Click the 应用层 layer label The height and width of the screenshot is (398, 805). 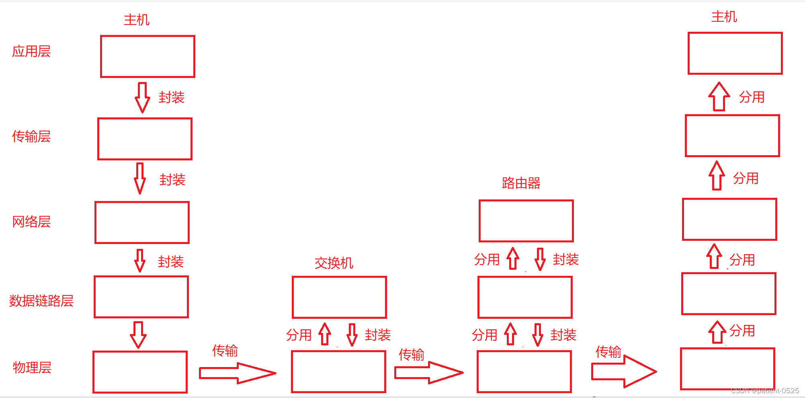pyautogui.click(x=31, y=51)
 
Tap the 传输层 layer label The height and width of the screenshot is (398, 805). pyautogui.click(x=31, y=137)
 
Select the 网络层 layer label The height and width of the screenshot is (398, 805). pyautogui.click(x=31, y=222)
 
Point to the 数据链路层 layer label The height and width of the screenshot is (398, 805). pyautogui.click(x=41, y=301)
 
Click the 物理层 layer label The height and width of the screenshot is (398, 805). pyautogui.click(x=32, y=367)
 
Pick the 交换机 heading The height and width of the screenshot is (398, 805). pyautogui.click(x=334, y=263)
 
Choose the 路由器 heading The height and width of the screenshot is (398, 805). pyautogui.click(x=521, y=183)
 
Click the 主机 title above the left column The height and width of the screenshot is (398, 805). pyautogui.click(x=137, y=20)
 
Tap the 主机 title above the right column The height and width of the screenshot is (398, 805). pyautogui.click(x=724, y=17)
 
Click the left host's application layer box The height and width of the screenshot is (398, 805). pyautogui.click(x=147, y=56)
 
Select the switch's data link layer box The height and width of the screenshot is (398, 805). pyautogui.click(x=339, y=297)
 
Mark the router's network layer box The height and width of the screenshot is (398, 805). pyautogui.click(x=526, y=221)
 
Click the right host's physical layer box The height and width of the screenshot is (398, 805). pyautogui.click(x=727, y=369)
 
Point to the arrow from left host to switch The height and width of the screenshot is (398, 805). pyautogui.click(x=237, y=373)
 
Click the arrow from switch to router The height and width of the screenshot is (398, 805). pyautogui.click(x=428, y=372)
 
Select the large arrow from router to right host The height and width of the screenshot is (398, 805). pyautogui.click(x=624, y=371)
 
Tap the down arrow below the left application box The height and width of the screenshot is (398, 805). pyautogui.click(x=142, y=97)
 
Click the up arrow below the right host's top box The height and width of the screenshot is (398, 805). pyautogui.click(x=719, y=96)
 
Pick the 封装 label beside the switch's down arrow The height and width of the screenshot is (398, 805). pyautogui.click(x=378, y=335)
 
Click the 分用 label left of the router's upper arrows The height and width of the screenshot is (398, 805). pyautogui.click(x=487, y=260)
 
